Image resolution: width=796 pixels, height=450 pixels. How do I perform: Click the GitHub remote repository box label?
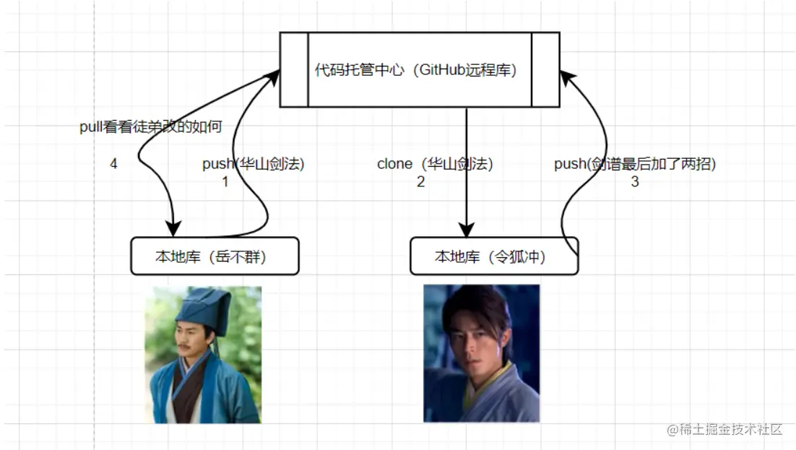coord(420,70)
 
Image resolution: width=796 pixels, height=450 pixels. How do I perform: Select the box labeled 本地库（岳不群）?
coord(215,256)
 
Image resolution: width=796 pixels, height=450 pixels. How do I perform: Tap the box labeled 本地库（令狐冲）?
coord(494,256)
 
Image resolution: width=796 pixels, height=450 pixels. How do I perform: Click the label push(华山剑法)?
coord(254,164)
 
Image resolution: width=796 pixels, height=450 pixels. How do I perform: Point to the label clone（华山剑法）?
coord(435,164)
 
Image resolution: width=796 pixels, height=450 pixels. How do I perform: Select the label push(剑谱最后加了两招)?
coord(635,164)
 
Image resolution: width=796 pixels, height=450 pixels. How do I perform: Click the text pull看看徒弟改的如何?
coord(150,127)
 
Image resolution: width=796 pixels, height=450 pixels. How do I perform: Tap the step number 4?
coord(113,164)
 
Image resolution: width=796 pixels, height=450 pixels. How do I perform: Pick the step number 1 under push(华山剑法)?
coord(225,182)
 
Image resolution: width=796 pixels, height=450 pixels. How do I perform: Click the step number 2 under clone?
coord(420,182)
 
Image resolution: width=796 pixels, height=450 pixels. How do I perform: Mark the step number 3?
coord(635,182)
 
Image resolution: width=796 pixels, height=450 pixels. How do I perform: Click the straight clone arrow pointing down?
coord(466,173)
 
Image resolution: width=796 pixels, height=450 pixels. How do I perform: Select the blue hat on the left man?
coord(205,306)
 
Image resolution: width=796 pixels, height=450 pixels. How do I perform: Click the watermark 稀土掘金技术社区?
coord(725,430)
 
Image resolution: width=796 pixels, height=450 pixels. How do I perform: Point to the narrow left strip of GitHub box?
coord(295,70)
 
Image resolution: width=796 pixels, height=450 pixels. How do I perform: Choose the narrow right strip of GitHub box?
coord(545,70)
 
